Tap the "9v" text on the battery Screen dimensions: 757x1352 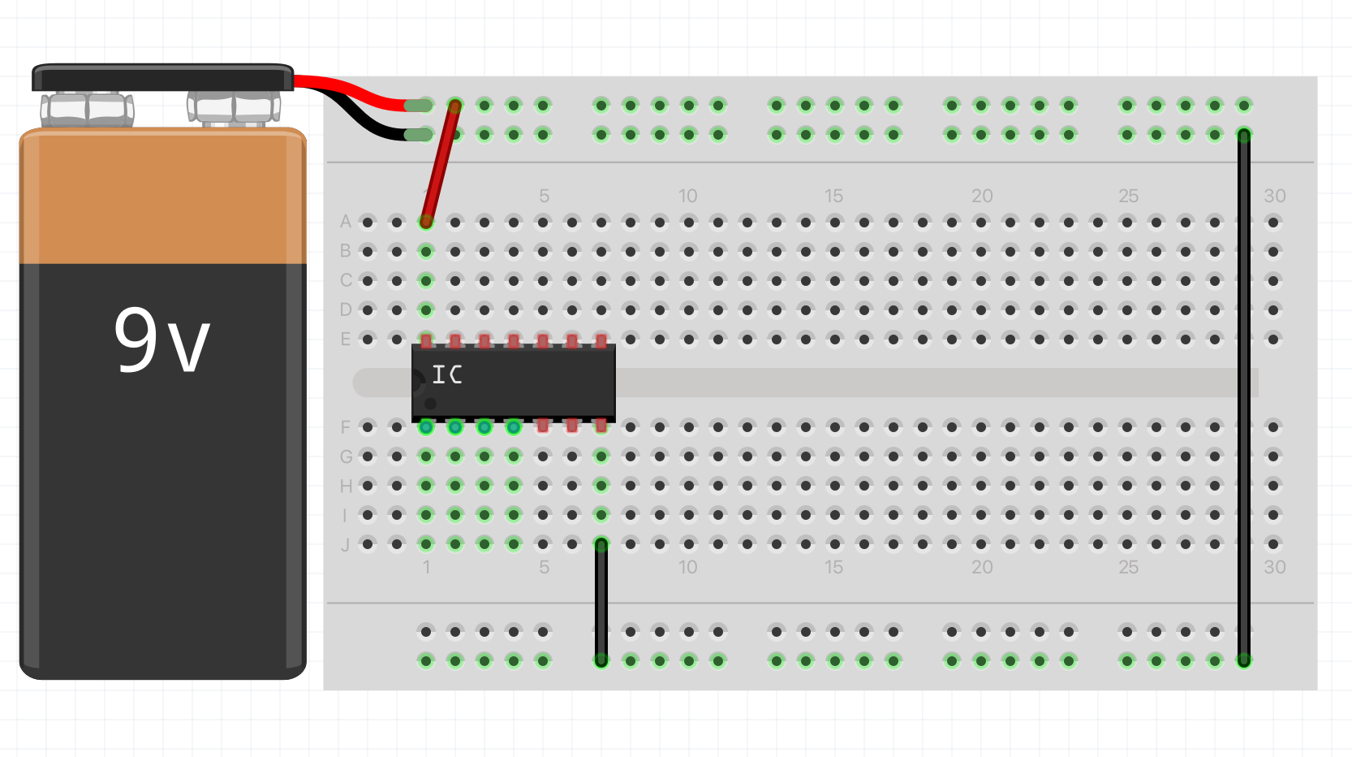pyautogui.click(x=162, y=341)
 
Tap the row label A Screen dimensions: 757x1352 pyautogui.click(x=346, y=222)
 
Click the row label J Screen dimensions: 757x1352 pyautogui.click(x=346, y=544)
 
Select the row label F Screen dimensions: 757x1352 pyautogui.click(x=346, y=427)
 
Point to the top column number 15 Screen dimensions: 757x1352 pyautogui.click(x=833, y=196)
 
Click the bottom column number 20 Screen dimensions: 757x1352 pyautogui.click(x=982, y=567)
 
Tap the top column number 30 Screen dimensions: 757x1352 pyautogui.click(x=1274, y=196)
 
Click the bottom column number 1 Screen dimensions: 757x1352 pyautogui.click(x=426, y=567)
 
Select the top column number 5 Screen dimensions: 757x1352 pyautogui.click(x=544, y=196)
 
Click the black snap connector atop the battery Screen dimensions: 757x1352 pyautogui.click(x=162, y=78)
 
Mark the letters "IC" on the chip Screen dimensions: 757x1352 pyautogui.click(x=447, y=374)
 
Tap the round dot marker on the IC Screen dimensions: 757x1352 pyautogui.click(x=430, y=404)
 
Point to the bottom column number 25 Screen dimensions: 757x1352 pyautogui.click(x=1128, y=567)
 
